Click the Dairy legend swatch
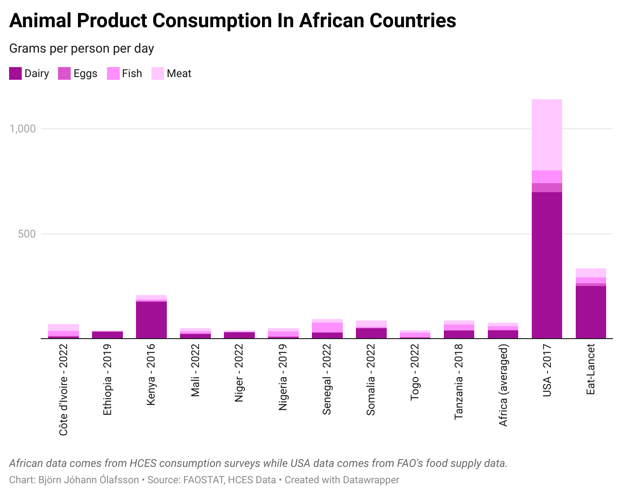pyautogui.click(x=15, y=73)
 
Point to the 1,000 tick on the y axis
pyautogui.click(x=23, y=129)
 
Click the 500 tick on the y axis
pyautogui.click(x=27, y=234)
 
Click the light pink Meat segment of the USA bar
pyautogui.click(x=547, y=135)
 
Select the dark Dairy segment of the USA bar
pyautogui.click(x=547, y=265)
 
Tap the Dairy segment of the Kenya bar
pyautogui.click(x=151, y=320)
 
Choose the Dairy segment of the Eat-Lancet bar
pyautogui.click(x=591, y=312)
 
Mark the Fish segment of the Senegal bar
pyautogui.click(x=327, y=327)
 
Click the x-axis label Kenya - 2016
pyautogui.click(x=151, y=374)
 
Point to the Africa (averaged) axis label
pyautogui.click(x=503, y=385)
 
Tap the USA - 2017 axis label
pyautogui.click(x=547, y=370)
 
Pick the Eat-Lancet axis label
pyautogui.click(x=591, y=369)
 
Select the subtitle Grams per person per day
pyautogui.click(x=82, y=49)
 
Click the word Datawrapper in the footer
pyautogui.click(x=371, y=480)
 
